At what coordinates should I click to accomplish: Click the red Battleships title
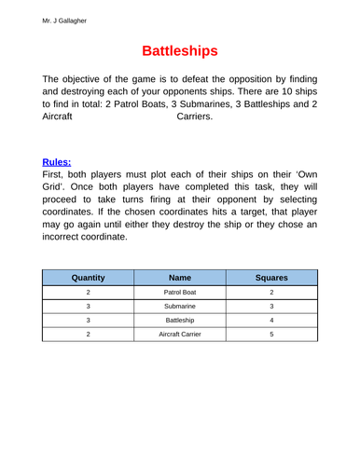pyautogui.click(x=180, y=49)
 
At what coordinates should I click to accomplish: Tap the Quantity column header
pyautogui.click(x=88, y=277)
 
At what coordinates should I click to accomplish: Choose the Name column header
pyautogui.click(x=180, y=277)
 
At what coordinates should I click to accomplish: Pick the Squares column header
pyautogui.click(x=271, y=277)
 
